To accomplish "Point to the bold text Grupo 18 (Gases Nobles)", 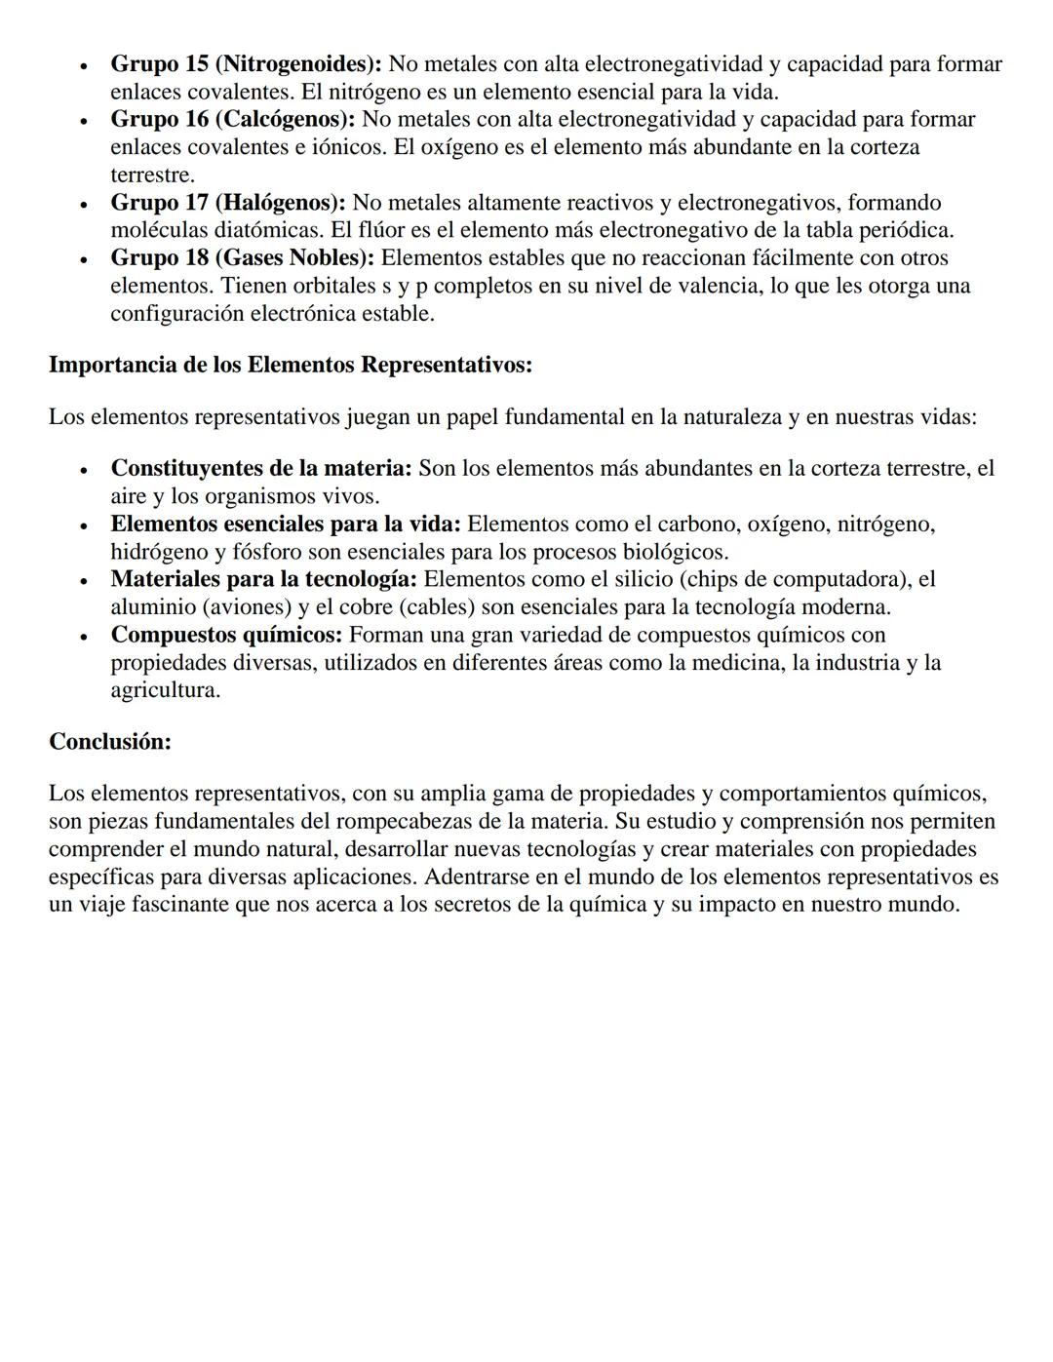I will pyautogui.click(x=242, y=258).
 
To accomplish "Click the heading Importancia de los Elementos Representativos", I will pyautogui.click(x=291, y=366).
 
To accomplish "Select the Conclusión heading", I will pyautogui.click(x=110, y=742).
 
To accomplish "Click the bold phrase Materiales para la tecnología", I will pyautogui.click(x=263, y=579).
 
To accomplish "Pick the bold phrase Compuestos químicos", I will pyautogui.click(x=226, y=635).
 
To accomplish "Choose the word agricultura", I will pyautogui.click(x=165, y=690).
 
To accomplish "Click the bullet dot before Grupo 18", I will pyautogui.click(x=85, y=259).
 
